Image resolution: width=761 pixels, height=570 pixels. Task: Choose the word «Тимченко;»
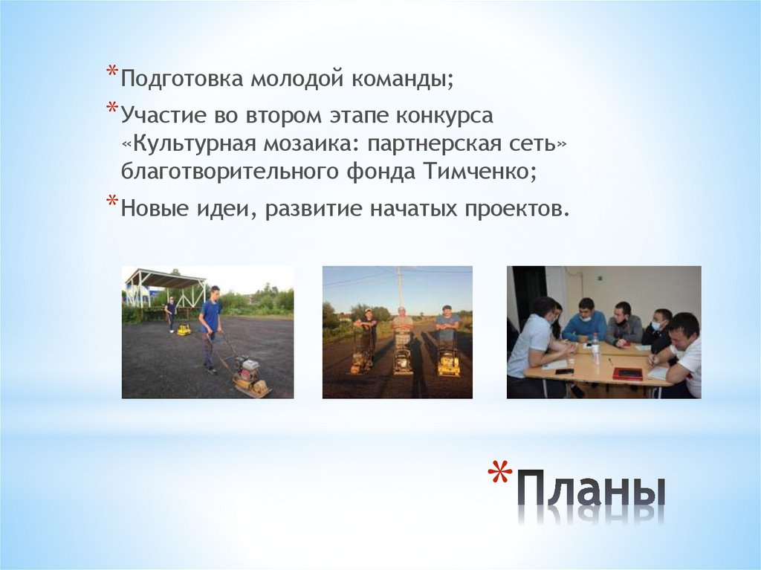click(x=480, y=172)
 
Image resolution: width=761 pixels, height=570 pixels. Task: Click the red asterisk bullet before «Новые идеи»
click(x=111, y=202)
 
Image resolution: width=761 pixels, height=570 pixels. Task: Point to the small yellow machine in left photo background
click(x=184, y=328)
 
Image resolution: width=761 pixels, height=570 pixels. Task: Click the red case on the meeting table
click(x=627, y=373)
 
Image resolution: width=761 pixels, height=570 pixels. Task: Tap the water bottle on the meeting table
click(x=595, y=347)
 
